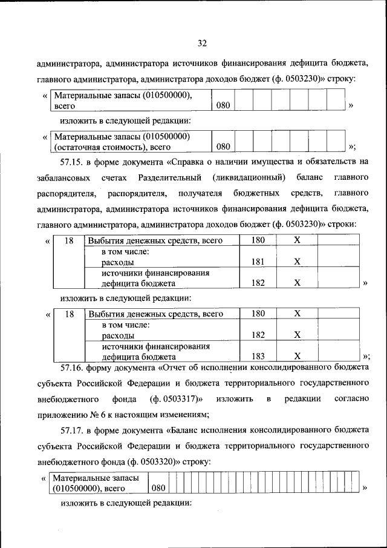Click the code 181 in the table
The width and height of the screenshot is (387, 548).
[x=258, y=262]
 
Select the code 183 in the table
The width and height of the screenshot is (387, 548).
[x=258, y=356]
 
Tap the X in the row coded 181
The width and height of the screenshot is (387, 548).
[x=297, y=262]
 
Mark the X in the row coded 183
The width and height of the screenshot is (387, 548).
[x=297, y=356]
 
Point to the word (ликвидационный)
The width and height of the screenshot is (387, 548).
[x=249, y=177]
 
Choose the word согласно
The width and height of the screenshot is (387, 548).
[x=351, y=398]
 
